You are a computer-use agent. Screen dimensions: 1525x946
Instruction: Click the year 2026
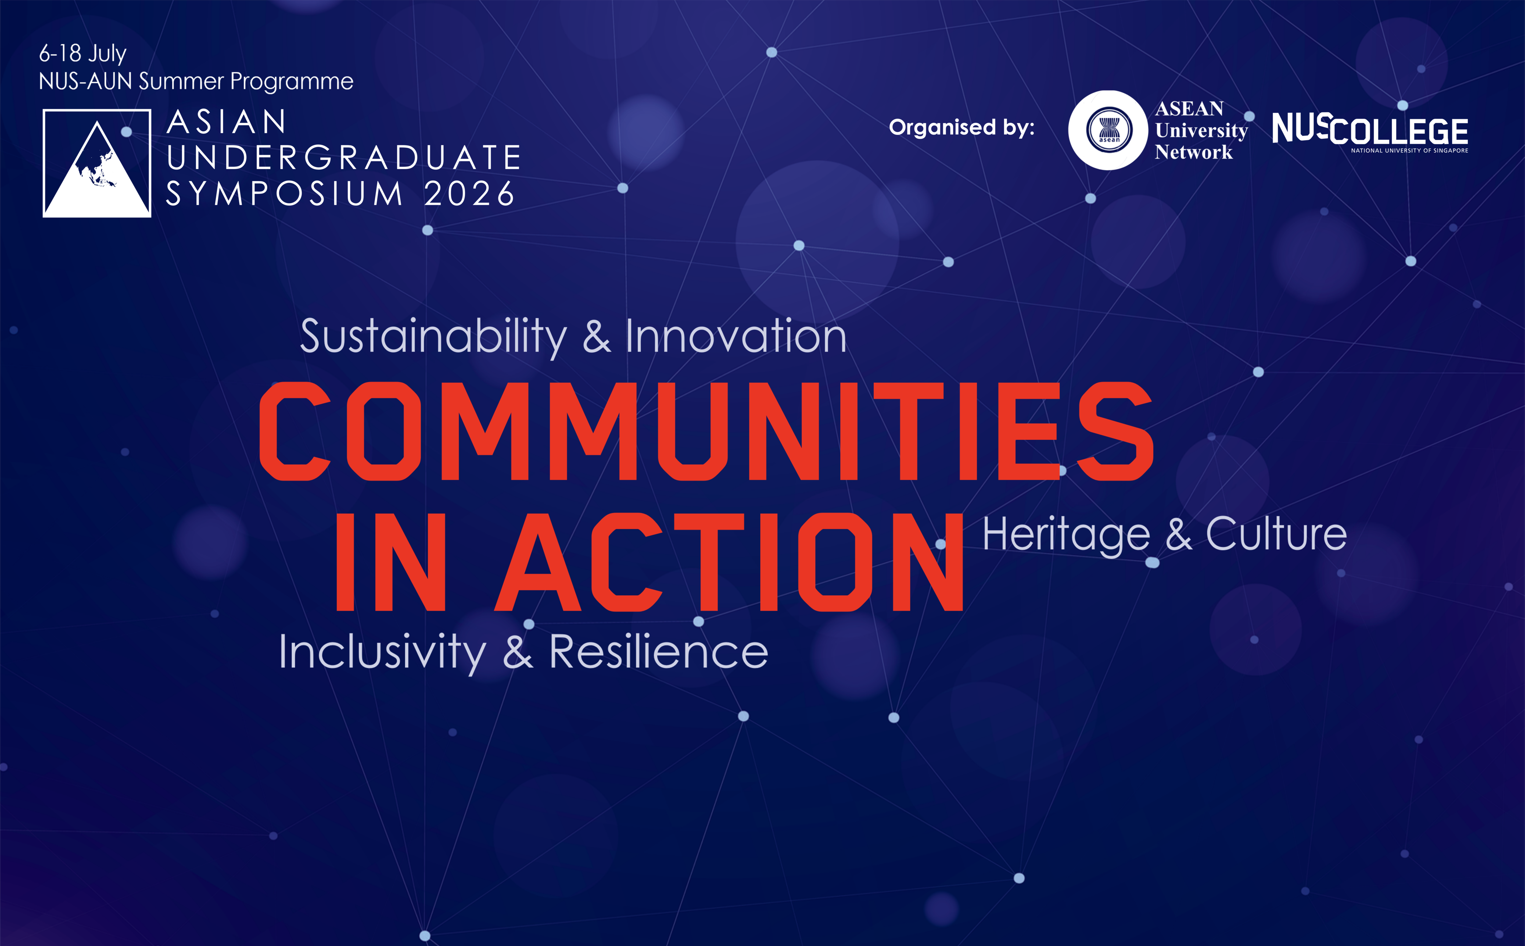click(469, 193)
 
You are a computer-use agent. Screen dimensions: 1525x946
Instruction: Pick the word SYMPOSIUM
click(285, 193)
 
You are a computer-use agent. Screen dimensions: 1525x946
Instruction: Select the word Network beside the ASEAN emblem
click(1193, 152)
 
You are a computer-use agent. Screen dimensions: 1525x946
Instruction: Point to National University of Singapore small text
click(1409, 151)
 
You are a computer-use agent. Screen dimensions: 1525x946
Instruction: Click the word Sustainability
click(433, 337)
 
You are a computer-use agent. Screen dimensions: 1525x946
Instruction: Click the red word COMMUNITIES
click(706, 431)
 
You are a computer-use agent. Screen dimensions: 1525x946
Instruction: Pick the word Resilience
click(658, 651)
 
